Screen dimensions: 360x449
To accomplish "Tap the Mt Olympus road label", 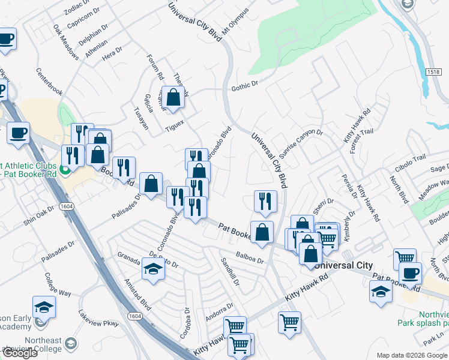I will coord(235,22).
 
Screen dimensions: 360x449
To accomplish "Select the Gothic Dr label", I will coord(244,88).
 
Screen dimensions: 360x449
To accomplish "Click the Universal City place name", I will coord(344,265).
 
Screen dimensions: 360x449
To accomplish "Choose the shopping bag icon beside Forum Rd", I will coord(173,98).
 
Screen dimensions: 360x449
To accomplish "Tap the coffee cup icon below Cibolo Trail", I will coord(411,273).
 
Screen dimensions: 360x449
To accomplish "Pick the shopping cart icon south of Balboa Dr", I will coord(289,323).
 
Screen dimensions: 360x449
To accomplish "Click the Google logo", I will coord(19,353).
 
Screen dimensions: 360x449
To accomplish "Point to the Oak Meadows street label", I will coord(66,42).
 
